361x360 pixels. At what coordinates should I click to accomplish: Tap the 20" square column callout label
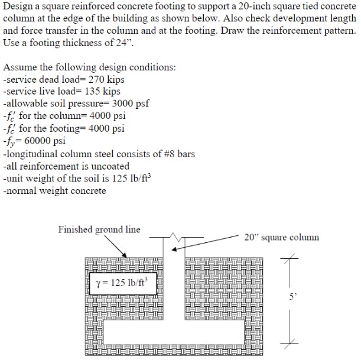281,237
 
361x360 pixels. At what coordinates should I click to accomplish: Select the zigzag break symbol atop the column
175,238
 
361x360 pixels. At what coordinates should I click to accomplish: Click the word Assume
21,67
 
